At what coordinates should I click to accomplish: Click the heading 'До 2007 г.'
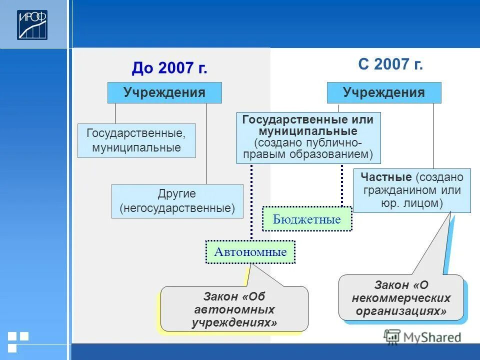click(169, 68)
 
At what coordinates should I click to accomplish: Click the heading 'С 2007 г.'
click(390, 64)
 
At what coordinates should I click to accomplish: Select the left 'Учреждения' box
click(164, 93)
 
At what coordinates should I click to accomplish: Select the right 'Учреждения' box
click(384, 93)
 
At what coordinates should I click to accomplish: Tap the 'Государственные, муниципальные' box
click(136, 140)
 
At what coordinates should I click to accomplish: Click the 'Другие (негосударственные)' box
click(177, 200)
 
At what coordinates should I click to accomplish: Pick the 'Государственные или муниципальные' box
click(308, 137)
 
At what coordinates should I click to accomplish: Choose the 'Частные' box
click(412, 190)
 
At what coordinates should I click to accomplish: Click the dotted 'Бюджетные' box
click(307, 219)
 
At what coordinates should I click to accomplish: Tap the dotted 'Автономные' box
click(250, 251)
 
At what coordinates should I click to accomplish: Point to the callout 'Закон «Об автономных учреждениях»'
click(234, 308)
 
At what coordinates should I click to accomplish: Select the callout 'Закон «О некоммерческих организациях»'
click(401, 298)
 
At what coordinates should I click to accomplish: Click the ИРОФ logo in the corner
click(32, 25)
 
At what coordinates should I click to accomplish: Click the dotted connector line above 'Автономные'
click(251, 202)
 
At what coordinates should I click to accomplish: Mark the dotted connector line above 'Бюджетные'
click(342, 185)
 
